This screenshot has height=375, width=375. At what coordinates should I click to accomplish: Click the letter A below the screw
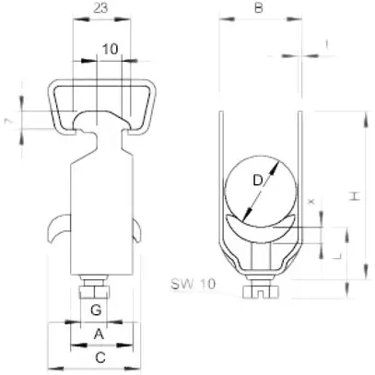coord(100,334)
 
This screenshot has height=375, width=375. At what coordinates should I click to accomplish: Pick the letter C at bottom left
coord(100,356)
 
